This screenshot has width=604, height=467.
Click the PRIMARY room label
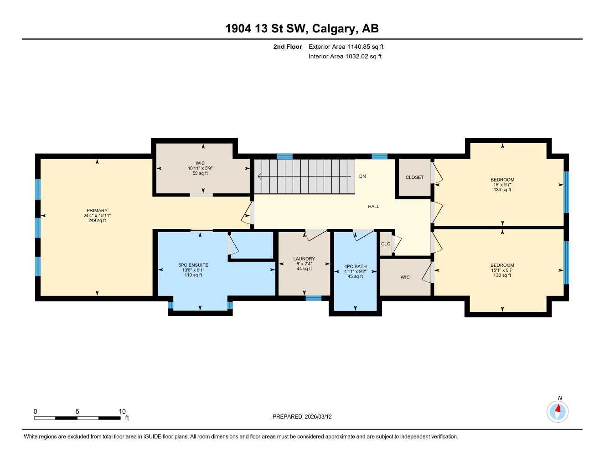[97, 211]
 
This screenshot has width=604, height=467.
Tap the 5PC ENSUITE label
[193, 265]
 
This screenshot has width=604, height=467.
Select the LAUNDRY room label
[304, 259]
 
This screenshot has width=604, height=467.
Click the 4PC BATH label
[355, 266]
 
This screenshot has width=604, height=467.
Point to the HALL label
[373, 207]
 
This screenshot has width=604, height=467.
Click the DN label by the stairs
[362, 176]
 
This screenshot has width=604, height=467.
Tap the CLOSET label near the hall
[414, 177]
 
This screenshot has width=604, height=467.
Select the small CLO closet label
[386, 244]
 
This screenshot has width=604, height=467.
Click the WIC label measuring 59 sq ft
[200, 163]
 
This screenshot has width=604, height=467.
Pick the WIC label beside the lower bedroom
[405, 277]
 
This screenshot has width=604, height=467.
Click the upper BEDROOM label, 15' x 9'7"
[502, 180]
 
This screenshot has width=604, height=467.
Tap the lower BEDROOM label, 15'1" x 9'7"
[502, 265]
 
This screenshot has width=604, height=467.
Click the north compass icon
[558, 411]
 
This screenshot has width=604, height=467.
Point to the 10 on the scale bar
[122, 411]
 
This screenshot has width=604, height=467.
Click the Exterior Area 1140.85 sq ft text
[346, 47]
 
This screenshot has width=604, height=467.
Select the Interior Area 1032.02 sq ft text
[345, 57]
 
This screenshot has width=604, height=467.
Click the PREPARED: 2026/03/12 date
[302, 416]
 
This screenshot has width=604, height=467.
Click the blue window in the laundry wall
[313, 298]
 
